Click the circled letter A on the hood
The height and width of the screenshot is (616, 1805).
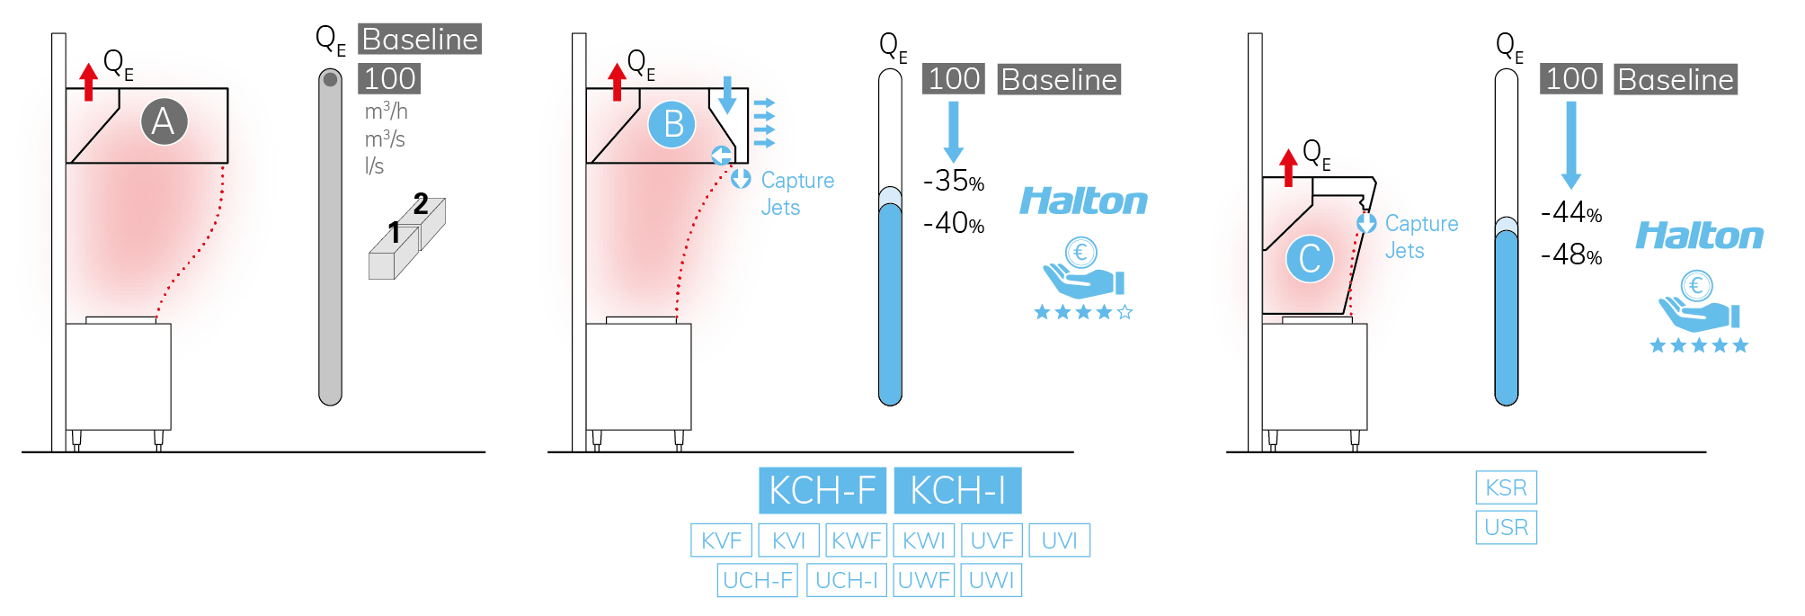click(x=164, y=121)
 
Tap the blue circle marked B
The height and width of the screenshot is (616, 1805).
click(x=672, y=124)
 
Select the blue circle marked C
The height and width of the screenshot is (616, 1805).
click(x=1310, y=259)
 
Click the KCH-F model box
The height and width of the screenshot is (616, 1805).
click(x=822, y=490)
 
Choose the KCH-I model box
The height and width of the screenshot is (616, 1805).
click(x=957, y=490)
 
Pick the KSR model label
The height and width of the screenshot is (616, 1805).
click(x=1506, y=487)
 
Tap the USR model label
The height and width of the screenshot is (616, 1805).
click(x=1506, y=527)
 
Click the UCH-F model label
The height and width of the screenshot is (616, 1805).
click(x=758, y=580)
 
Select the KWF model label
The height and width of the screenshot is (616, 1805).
click(x=856, y=540)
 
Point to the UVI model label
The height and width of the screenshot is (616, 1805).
click(x=1059, y=540)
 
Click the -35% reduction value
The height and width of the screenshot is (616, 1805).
click(x=954, y=181)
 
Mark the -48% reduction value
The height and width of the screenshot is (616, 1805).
click(x=1571, y=254)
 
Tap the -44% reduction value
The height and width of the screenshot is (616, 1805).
click(x=1571, y=212)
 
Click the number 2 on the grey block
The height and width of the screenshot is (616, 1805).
click(x=421, y=204)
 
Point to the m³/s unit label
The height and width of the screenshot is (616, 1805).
click(x=385, y=138)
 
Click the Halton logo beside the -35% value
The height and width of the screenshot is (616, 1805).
click(x=1083, y=201)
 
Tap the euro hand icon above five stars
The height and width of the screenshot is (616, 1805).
click(x=1697, y=301)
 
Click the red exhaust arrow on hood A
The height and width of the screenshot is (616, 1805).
click(x=88, y=82)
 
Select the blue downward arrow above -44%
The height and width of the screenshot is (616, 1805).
click(x=1571, y=144)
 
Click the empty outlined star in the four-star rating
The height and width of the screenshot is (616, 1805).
click(x=1125, y=312)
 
